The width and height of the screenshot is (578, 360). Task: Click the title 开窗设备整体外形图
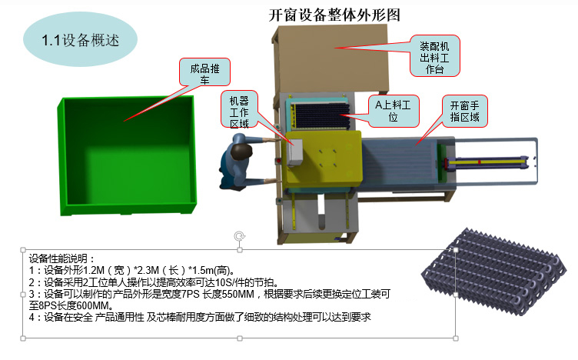pyautogui.click(x=334, y=15)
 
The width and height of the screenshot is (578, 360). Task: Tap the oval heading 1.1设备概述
pyautogui.click(x=81, y=40)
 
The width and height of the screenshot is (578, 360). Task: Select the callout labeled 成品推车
pyautogui.click(x=204, y=72)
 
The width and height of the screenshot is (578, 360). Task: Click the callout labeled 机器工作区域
pyautogui.click(x=239, y=110)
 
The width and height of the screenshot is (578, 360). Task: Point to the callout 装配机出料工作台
pyautogui.click(x=434, y=56)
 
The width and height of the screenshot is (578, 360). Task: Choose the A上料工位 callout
pyautogui.click(x=394, y=111)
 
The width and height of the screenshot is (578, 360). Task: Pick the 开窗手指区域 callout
pyautogui.click(x=465, y=111)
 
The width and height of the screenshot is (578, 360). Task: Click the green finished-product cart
pyautogui.click(x=127, y=155)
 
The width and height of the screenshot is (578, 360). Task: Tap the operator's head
pyautogui.click(x=241, y=152)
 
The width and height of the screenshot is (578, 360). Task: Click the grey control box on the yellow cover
pyautogui.click(x=294, y=152)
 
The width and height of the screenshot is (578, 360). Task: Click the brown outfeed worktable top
pyautogui.click(x=331, y=59)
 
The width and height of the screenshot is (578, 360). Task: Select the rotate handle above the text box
pyautogui.click(x=240, y=235)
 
